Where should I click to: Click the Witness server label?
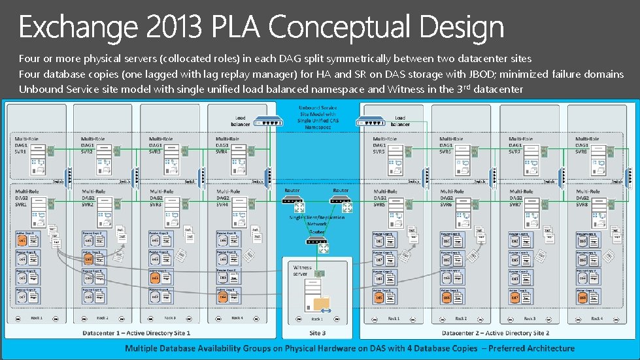[303, 270]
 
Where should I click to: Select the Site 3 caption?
[317, 333]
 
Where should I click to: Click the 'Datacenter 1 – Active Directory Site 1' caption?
[136, 333]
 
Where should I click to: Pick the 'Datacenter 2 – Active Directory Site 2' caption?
[496, 333]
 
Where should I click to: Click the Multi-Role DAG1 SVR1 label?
[25, 144]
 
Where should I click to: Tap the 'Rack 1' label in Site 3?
[317, 319]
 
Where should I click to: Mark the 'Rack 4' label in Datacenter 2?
[596, 318]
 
